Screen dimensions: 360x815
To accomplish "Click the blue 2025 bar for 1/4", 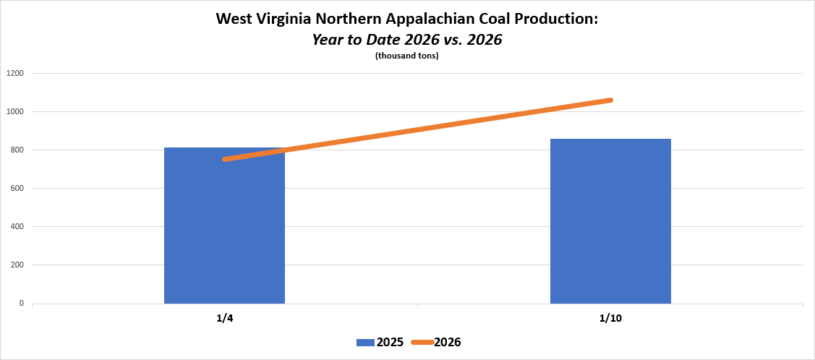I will pos(224,226).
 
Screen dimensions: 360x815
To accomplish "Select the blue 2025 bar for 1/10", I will pos(610,221).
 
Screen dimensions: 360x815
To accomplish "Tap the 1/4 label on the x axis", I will pos(224,319).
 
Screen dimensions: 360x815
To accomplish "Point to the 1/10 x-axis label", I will pos(610,319).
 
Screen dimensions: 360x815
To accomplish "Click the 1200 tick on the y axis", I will pos(15,73).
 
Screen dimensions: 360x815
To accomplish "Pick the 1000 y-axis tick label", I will pos(15,111).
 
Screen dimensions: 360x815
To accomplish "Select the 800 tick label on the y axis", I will pos(17,150).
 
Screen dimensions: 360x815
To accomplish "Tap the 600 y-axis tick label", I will pos(17,188).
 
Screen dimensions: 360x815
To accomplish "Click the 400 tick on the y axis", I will pos(17,226).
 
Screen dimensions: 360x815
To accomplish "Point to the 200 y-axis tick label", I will pos(17,265).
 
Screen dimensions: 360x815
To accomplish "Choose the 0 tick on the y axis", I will pos(22,303).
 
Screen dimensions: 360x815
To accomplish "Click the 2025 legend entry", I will pos(390,342).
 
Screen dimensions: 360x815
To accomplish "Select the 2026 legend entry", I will pos(447,342).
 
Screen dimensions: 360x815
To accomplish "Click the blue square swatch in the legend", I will pos(364,342).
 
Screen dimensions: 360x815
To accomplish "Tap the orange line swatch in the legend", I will pos(421,342).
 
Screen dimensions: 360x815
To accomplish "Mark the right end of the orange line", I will pos(611,100).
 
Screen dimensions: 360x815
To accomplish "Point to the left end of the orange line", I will pos(225,159).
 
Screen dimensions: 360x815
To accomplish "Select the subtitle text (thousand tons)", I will pos(407,56).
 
